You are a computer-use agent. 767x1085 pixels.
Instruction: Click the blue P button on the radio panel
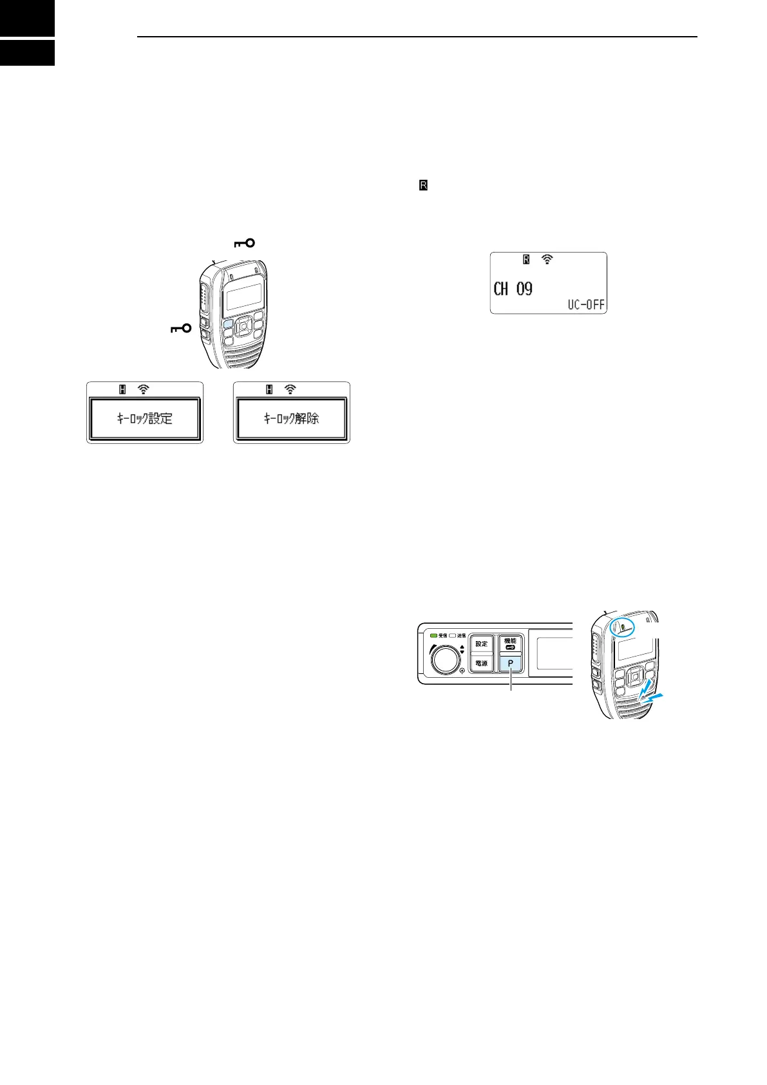pyautogui.click(x=510, y=663)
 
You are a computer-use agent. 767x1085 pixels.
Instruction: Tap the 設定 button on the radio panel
pyautogui.click(x=481, y=644)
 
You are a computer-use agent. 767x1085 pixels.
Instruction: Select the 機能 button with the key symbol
pyautogui.click(x=510, y=644)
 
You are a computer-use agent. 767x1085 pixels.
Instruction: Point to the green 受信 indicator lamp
pyautogui.click(x=433, y=636)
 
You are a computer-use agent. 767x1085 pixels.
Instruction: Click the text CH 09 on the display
pyautogui.click(x=513, y=289)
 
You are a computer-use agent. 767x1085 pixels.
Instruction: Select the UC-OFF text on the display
pyautogui.click(x=586, y=305)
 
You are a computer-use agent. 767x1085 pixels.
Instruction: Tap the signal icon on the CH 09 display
pyautogui.click(x=547, y=260)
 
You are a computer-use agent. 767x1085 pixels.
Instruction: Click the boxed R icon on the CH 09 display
pyautogui.click(x=526, y=260)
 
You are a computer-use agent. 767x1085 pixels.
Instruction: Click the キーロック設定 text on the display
pyautogui.click(x=145, y=419)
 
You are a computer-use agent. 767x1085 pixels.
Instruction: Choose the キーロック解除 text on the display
pyautogui.click(x=292, y=419)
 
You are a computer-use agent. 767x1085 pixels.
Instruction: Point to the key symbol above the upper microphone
pyautogui.click(x=244, y=243)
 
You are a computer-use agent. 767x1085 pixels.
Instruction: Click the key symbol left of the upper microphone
pyautogui.click(x=181, y=329)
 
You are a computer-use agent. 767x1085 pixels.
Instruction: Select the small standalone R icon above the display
pyautogui.click(x=423, y=186)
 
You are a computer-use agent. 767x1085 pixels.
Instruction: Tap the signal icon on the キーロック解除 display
pyautogui.click(x=290, y=389)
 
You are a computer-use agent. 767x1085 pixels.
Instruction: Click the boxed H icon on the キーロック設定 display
pyautogui.click(x=122, y=389)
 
